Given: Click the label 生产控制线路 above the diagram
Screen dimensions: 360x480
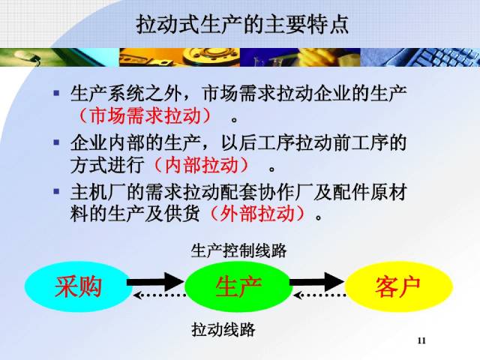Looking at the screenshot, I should coord(238,250).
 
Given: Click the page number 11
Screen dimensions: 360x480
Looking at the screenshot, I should coord(421,342).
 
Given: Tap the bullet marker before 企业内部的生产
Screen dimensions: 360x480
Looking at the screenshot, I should coord(56,142).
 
